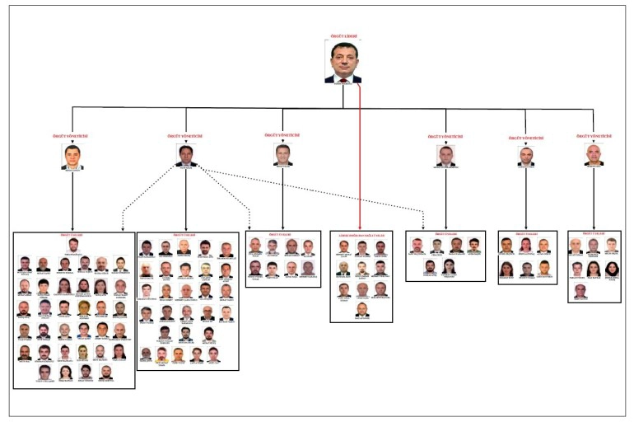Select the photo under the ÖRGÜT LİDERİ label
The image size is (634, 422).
click(x=343, y=63)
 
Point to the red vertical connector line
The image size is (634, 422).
click(x=361, y=157)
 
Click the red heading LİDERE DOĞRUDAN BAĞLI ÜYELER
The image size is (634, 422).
click(x=361, y=235)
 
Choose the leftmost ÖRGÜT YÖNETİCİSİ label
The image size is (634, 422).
click(x=72, y=135)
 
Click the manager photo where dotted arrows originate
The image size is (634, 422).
click(x=186, y=155)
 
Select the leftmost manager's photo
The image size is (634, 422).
click(x=72, y=157)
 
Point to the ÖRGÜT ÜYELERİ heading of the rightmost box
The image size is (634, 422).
click(x=594, y=234)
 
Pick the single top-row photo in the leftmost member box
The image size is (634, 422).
click(x=73, y=245)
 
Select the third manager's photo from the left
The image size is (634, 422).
click(x=282, y=154)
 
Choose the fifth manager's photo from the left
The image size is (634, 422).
click(x=526, y=156)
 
